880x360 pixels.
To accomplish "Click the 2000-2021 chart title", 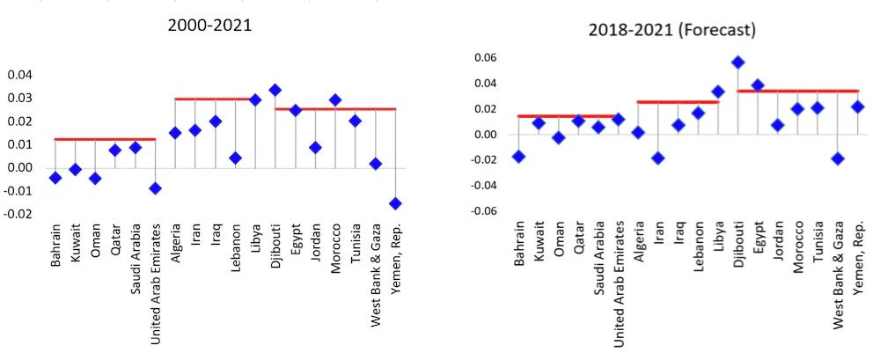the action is coord(210,26).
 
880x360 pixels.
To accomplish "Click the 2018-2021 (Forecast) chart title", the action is coord(671,30).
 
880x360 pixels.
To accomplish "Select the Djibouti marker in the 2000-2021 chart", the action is coord(275,90).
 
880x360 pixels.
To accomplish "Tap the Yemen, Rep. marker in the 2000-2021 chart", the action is coord(396,203).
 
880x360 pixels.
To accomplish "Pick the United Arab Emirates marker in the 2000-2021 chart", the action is coord(155,188).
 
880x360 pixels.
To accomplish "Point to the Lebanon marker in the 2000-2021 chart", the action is coord(235,158).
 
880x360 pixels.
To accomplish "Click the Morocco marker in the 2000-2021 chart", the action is coord(335,100).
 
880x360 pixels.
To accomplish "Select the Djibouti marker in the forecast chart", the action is coord(737,62).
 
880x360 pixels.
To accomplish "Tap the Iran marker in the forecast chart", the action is coord(657,158).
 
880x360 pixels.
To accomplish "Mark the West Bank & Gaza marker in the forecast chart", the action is coord(838,159).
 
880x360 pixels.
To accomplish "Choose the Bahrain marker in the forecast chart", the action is coord(518,157).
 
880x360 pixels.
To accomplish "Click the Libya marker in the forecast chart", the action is coord(718,92).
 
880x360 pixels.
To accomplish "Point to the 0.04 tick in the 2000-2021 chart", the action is coord(19,75).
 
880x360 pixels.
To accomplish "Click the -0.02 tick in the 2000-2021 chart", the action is coord(18,214).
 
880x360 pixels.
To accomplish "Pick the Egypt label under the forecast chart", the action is coord(758,237).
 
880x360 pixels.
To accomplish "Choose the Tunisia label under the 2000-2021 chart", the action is coord(356,244).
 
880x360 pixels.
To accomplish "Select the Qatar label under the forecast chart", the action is coord(579,237).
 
